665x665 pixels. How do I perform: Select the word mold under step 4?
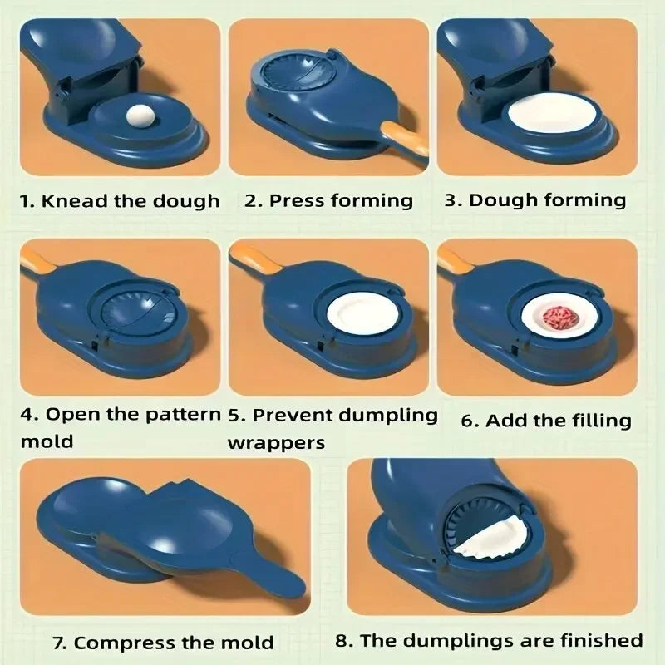[47, 441]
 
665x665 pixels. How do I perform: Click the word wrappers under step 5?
[276, 441]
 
